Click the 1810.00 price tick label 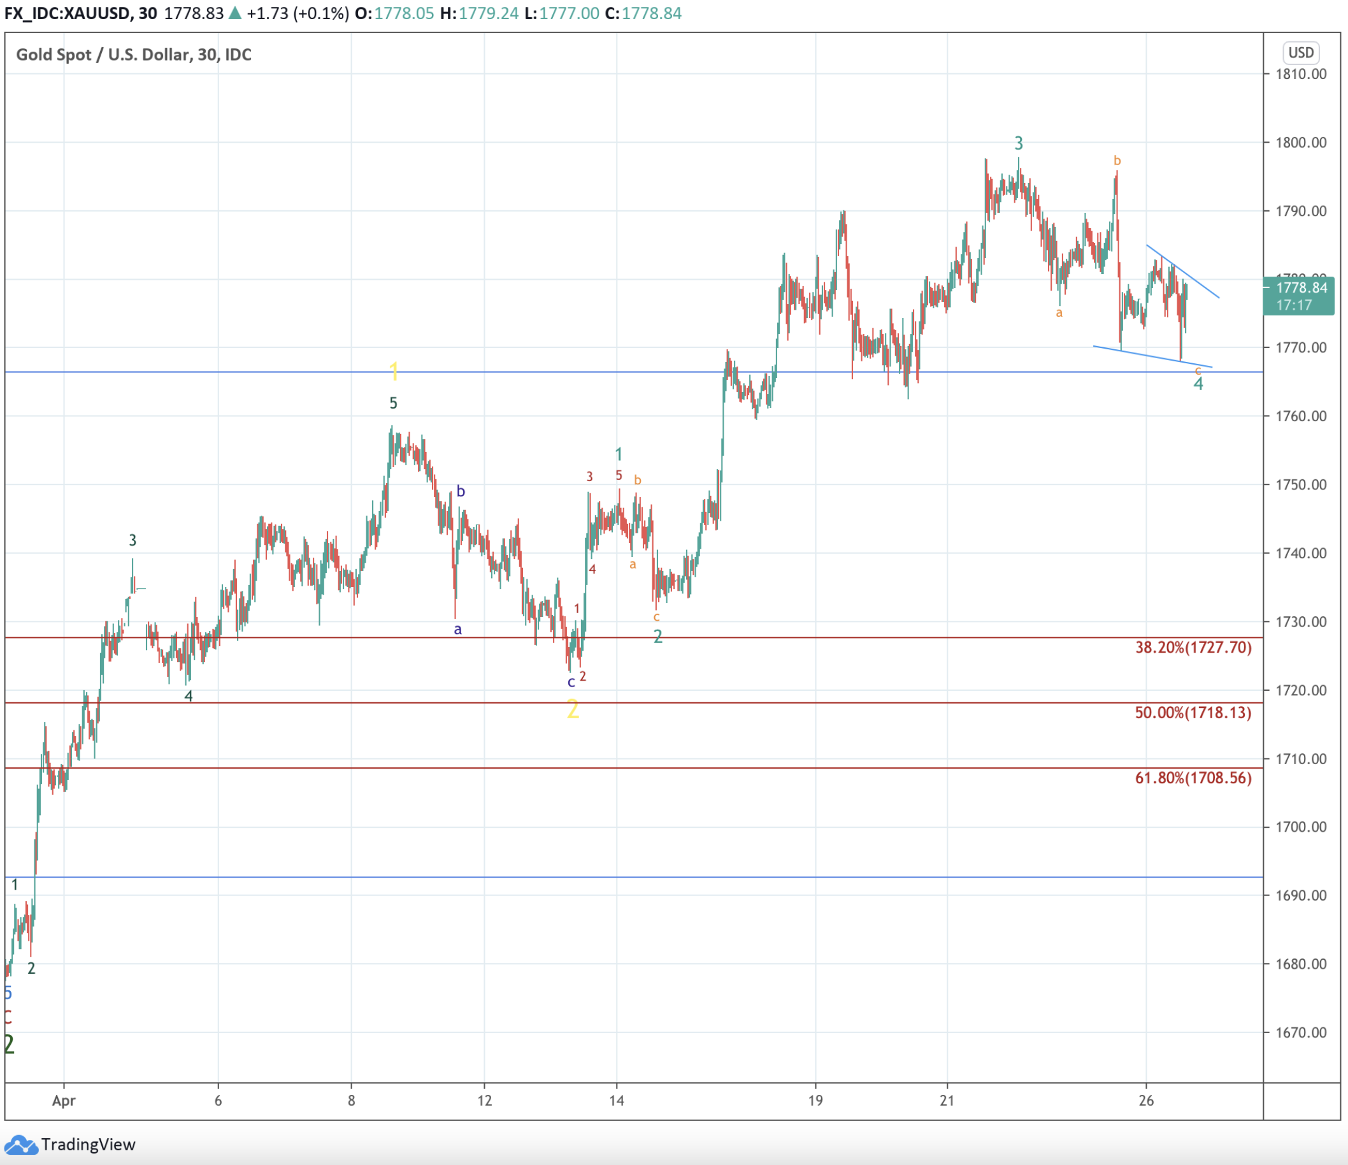(1300, 74)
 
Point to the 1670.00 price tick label (1300, 1033)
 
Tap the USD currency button (1300, 53)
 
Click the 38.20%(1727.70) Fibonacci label (1193, 648)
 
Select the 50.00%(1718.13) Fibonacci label (1193, 713)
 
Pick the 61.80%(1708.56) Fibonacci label (1193, 778)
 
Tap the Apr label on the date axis (64, 1101)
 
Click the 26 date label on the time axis (1145, 1101)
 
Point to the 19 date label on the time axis (815, 1101)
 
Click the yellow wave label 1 (393, 372)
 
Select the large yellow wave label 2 (573, 709)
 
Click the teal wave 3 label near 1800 (1019, 143)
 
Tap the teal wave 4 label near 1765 (1198, 384)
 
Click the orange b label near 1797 (1117, 161)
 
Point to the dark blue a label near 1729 (458, 630)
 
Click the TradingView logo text (88, 1144)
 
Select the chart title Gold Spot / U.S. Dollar (133, 55)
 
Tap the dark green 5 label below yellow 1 (393, 403)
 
